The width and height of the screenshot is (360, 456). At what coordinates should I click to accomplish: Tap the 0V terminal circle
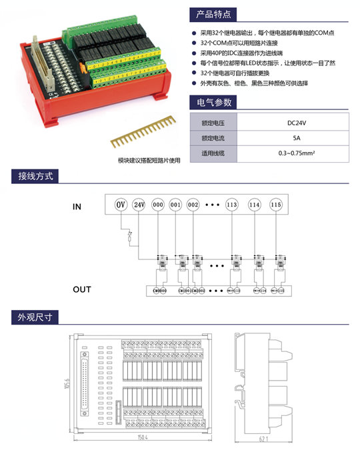coord(121,205)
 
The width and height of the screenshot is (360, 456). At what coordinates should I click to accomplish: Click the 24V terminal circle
coord(139,205)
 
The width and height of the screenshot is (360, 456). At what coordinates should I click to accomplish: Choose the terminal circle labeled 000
coord(157,205)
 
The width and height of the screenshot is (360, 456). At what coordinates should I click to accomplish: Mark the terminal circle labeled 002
coord(193,205)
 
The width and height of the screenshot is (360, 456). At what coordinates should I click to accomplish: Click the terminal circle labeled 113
coord(232,205)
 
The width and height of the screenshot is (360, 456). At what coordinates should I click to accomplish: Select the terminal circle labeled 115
coord(276,205)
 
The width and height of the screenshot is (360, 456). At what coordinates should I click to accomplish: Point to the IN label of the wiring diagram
coord(77,207)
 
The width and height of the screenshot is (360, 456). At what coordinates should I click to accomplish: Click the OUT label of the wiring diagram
coord(82,289)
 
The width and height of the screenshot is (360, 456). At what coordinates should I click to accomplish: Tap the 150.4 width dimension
coord(142,438)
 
